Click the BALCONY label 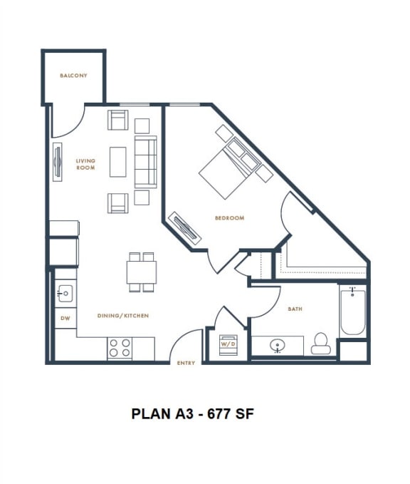[x=73, y=76]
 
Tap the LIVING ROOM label [x=85, y=165]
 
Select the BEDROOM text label [x=229, y=218]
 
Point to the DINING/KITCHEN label [x=123, y=315]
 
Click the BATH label [x=295, y=309]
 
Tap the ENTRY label [x=185, y=364]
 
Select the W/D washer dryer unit [x=228, y=344]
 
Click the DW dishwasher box [x=65, y=318]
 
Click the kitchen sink [x=65, y=292]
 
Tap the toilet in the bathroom [x=321, y=344]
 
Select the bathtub [x=352, y=311]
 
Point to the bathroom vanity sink [x=278, y=346]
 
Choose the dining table [x=142, y=272]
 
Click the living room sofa [x=146, y=162]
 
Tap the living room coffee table [x=118, y=162]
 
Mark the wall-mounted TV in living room [x=57, y=164]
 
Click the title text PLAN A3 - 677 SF [x=192, y=414]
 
